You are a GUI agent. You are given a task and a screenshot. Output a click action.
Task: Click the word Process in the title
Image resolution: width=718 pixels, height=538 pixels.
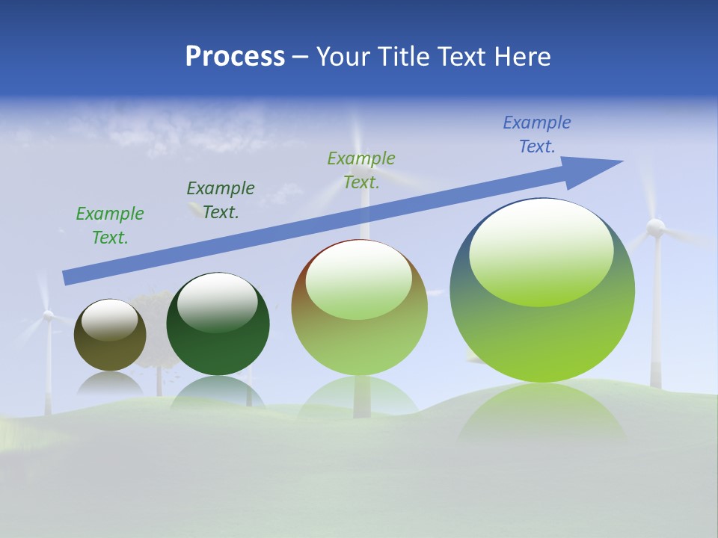pos(235,57)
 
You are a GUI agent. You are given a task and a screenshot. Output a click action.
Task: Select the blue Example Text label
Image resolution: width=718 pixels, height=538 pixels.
pos(537,134)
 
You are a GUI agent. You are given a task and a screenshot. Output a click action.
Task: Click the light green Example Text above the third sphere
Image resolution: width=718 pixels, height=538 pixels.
pos(361,170)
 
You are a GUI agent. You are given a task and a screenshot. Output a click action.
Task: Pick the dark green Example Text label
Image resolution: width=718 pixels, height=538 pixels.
pos(221,200)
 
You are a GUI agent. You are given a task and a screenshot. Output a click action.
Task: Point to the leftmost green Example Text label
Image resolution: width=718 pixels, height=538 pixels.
pos(110,226)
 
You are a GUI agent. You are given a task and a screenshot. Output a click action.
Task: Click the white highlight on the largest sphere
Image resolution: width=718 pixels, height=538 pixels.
pos(541,252)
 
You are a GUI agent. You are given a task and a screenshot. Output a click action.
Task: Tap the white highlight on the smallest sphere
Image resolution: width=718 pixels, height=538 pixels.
pos(109,320)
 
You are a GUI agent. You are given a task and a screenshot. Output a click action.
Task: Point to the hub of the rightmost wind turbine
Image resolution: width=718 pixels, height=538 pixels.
pos(655,227)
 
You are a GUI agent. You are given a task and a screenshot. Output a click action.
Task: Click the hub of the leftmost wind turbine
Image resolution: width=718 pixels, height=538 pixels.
pos(48,316)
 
